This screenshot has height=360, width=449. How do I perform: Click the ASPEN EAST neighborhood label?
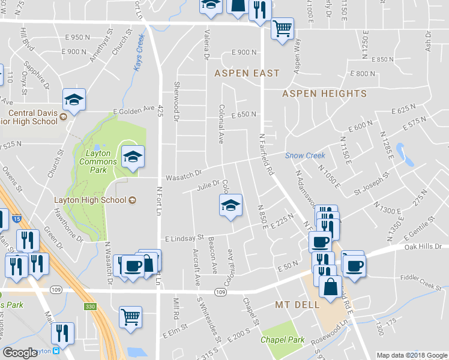click(247, 73)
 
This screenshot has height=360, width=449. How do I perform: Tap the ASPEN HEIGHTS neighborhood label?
click(324, 94)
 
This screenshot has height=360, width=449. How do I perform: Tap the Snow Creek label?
click(305, 155)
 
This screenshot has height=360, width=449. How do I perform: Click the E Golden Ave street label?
click(134, 110)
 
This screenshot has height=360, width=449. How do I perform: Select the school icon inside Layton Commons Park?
click(132, 157)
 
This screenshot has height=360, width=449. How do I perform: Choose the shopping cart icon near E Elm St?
click(130, 316)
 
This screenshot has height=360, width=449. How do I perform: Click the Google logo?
click(20, 353)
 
